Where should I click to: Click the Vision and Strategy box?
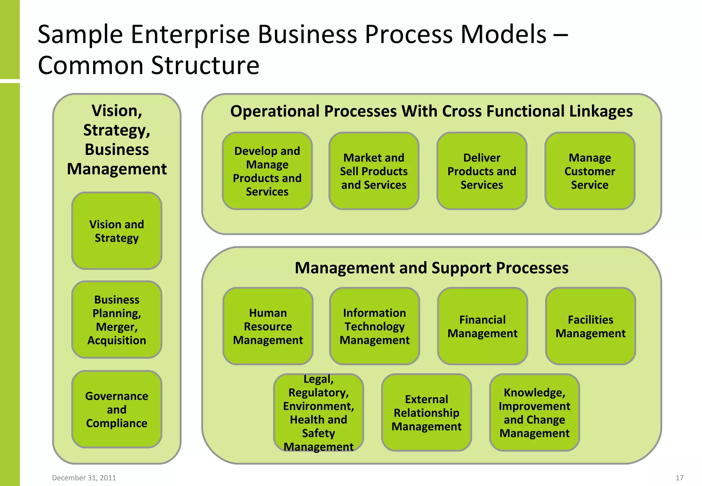[117, 231]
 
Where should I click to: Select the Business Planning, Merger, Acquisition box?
[117, 320]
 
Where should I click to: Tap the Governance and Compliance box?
[117, 409]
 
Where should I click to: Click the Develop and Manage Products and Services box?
[267, 171]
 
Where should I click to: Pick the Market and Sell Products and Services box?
[374, 171]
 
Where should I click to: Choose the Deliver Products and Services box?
[482, 171]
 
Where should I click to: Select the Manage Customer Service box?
[590, 171]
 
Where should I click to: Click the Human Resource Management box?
[268, 326]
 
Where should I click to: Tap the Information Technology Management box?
[374, 326]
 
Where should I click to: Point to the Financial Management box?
[482, 326]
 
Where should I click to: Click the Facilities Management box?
[590, 326]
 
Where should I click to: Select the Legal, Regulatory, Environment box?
[318, 412]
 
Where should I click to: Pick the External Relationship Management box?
[426, 412]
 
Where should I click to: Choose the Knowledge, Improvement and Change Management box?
[534, 412]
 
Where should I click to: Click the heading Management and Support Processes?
[432, 268]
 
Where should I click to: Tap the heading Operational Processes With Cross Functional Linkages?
[431, 111]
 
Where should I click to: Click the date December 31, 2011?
[84, 478]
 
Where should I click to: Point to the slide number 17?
[679, 478]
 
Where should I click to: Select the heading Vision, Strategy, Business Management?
[117, 139]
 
